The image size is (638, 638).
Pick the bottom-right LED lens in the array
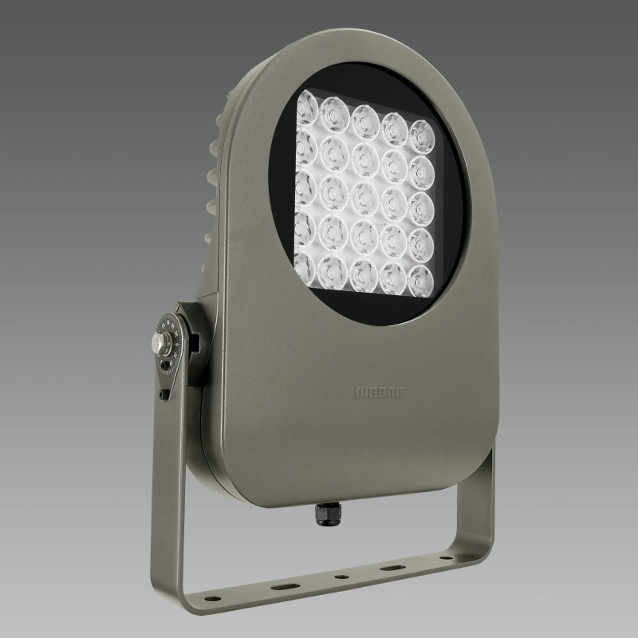(x=419, y=279)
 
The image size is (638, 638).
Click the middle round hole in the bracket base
(x=341, y=577)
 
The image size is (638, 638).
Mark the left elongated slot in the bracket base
(x=282, y=585)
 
